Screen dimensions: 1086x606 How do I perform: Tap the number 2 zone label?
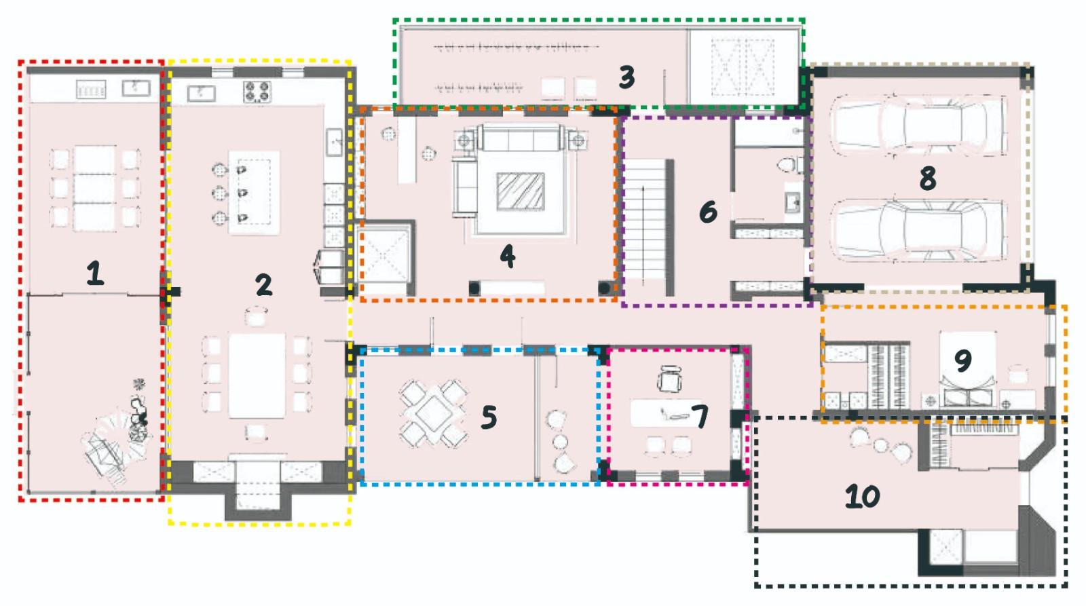point(264,284)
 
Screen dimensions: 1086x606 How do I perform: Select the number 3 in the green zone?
point(627,77)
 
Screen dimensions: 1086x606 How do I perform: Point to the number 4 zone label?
point(508,255)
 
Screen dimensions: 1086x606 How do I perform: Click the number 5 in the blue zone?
point(489,417)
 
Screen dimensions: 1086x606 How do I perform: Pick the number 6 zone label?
point(709,211)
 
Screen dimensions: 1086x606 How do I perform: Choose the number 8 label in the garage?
point(927,178)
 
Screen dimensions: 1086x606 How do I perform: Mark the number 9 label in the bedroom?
point(963,360)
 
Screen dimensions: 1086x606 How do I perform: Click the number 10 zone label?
point(862,497)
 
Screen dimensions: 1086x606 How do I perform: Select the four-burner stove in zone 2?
point(257,92)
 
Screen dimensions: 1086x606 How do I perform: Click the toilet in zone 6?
point(789,165)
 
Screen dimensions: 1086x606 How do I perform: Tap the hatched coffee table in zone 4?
point(520,191)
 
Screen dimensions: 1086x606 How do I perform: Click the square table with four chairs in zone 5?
point(433,413)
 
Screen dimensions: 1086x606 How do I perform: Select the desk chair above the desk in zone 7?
point(669,379)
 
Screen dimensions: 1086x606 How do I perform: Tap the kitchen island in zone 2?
point(254,193)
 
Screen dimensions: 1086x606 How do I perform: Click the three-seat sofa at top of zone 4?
point(521,138)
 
